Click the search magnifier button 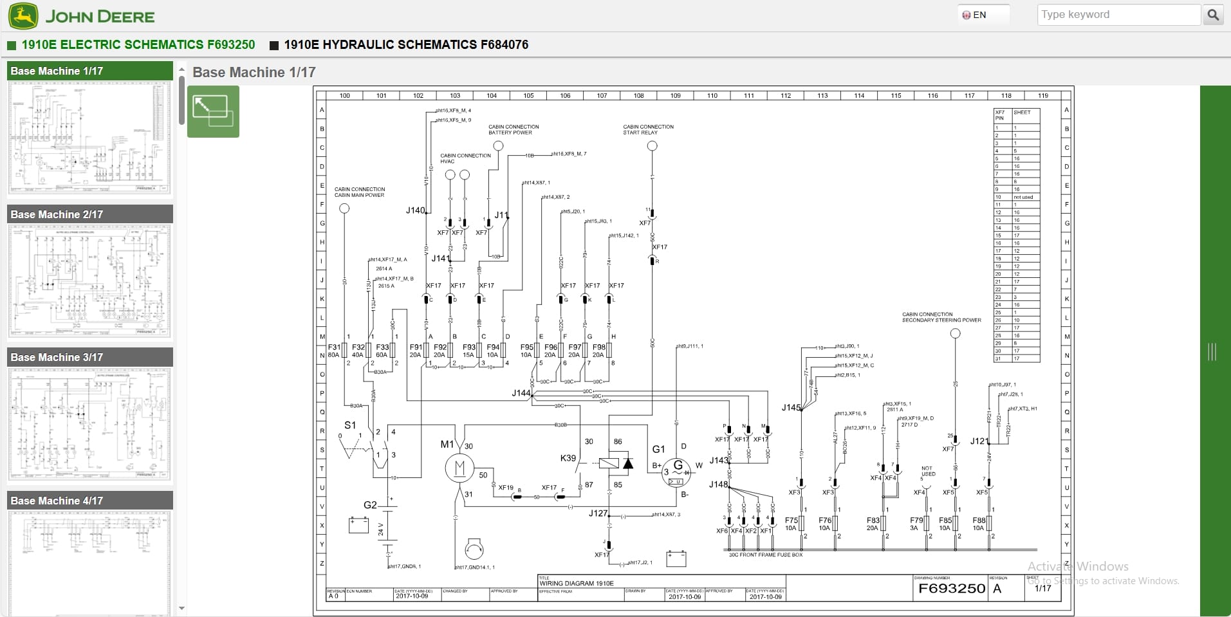1213,15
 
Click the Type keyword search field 1118,15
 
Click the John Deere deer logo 23,16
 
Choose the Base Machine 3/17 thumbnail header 90,357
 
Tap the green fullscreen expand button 213,112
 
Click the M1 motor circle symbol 459,468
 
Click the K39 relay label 568,458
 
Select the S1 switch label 350,425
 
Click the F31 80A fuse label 334,351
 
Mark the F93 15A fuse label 469,351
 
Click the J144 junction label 521,393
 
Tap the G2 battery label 370,505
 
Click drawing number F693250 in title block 951,588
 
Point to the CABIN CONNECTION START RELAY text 648,129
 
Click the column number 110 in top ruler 712,95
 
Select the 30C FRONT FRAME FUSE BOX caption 766,555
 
